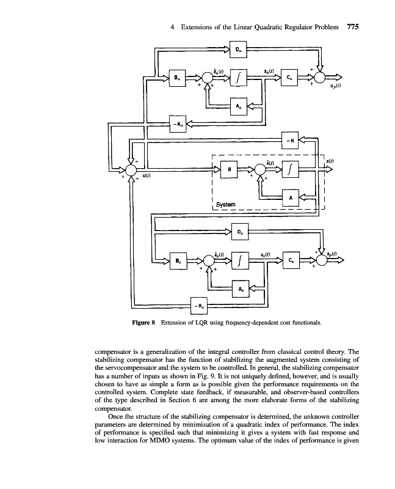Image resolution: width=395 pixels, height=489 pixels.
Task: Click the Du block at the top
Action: point(239,50)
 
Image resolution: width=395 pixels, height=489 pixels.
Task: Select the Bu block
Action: point(178,78)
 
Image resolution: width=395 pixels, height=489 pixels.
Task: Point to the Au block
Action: point(239,105)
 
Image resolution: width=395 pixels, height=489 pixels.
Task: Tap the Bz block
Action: point(178,261)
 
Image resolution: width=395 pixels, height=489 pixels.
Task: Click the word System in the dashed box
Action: point(225,204)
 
